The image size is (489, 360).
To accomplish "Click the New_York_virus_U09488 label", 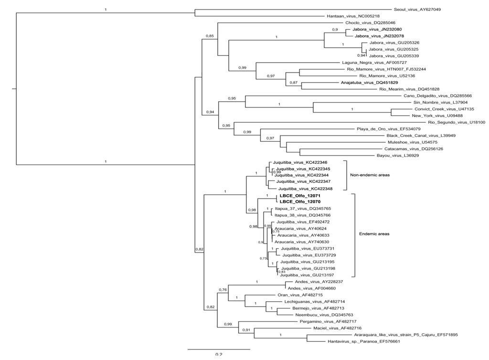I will [x=432, y=116].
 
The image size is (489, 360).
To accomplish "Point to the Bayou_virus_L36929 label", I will [x=394, y=155].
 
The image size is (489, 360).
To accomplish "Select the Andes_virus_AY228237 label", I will [x=315, y=282].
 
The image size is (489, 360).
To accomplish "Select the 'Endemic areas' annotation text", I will [x=374, y=234].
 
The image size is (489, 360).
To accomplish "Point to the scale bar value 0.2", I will [x=219, y=355].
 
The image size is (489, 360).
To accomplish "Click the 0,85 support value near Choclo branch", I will [x=209, y=36].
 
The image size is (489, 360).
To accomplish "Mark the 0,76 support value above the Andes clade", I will [x=223, y=290].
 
